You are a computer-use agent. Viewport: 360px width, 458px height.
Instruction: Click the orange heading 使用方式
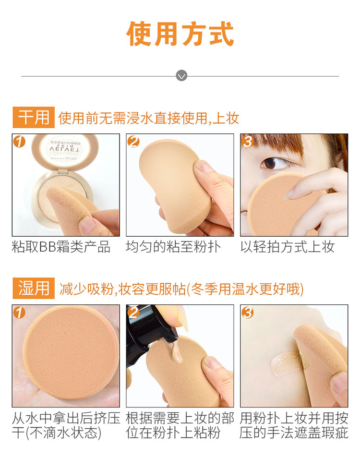pos(180,34)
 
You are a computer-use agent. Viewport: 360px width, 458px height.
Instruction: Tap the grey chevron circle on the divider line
pos(181,76)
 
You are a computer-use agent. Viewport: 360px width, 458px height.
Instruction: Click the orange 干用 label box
pos(34,118)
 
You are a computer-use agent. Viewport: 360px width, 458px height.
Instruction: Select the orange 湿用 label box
pos(34,289)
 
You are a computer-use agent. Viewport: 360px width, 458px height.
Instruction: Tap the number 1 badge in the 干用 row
pos(19,141)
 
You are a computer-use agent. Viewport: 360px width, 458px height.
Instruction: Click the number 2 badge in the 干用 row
pos(133,141)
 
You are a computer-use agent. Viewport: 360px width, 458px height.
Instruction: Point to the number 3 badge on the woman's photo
pos(248,141)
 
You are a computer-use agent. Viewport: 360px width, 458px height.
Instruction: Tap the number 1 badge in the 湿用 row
pos(19,312)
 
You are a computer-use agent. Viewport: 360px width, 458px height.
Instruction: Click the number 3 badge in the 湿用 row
pos(248,312)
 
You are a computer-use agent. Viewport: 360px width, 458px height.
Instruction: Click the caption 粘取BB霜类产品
pos(61,247)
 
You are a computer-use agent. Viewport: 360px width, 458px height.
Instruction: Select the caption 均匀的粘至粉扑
pos(173,247)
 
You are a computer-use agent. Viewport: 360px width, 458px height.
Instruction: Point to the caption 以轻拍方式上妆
pos(288,247)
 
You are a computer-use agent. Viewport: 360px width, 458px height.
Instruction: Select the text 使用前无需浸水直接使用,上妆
pos(149,118)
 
